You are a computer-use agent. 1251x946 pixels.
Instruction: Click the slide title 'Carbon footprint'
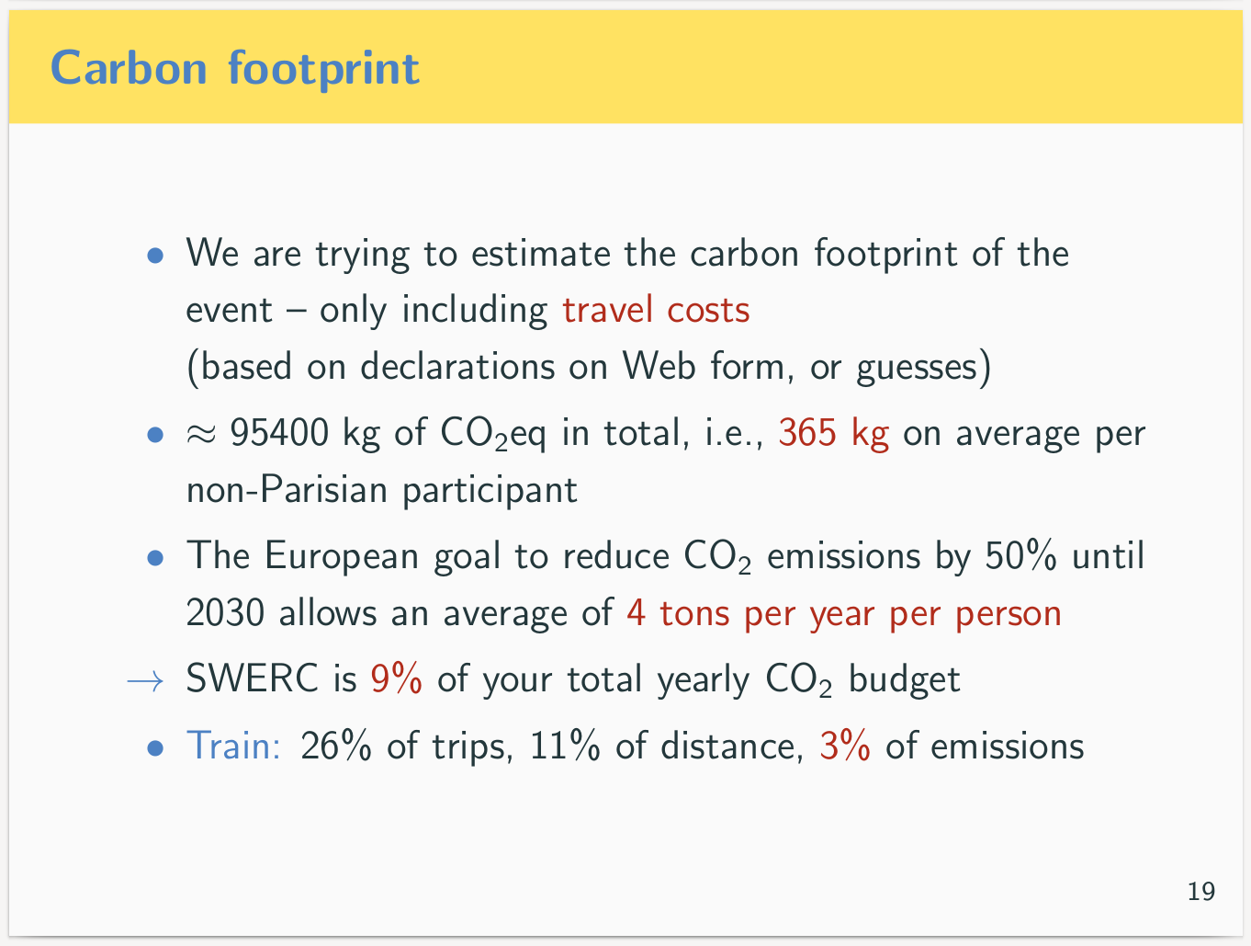pos(235,68)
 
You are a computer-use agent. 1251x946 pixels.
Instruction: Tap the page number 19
pos(1200,891)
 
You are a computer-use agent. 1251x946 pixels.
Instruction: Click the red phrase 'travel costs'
pos(656,311)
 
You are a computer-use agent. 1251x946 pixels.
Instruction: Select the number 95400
pos(279,432)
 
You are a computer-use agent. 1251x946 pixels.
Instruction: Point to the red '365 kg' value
pos(834,433)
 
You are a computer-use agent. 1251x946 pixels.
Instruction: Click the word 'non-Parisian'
pos(287,490)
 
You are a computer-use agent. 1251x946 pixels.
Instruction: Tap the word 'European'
pos(342,556)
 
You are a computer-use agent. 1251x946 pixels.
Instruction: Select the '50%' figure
pos(1020,555)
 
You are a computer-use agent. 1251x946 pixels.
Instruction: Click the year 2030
pos(225,613)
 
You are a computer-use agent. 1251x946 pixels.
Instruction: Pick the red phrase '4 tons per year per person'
pos(844,615)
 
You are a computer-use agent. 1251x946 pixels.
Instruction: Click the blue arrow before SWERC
pos(145,681)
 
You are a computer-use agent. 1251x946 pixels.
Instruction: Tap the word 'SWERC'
pos(252,678)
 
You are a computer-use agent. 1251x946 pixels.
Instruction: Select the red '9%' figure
pos(396,678)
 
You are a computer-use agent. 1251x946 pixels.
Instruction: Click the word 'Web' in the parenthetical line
pos(659,366)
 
